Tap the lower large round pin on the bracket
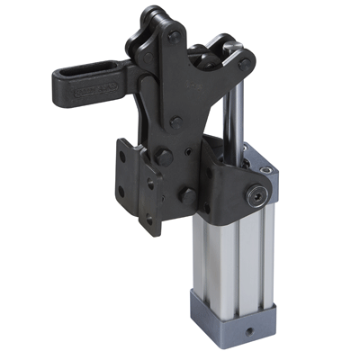(x=186, y=194)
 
